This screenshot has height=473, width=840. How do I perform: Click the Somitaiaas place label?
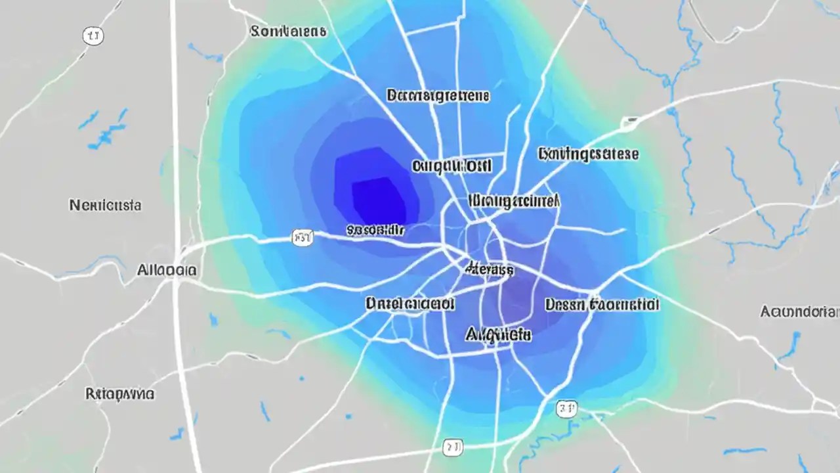click(288, 31)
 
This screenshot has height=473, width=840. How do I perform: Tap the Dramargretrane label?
click(438, 96)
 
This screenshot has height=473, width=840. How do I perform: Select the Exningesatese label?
click(588, 154)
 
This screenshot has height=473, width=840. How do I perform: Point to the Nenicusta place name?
click(105, 206)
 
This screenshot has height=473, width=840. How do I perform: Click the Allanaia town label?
click(167, 269)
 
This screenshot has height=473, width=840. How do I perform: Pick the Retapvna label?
click(120, 394)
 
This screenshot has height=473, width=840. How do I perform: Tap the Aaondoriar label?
click(800, 311)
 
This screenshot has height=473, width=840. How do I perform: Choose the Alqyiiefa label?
click(498, 334)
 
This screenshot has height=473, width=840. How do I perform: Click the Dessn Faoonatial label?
click(602, 304)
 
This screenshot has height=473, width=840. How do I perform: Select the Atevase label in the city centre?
click(488, 269)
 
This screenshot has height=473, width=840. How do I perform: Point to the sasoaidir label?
click(375, 230)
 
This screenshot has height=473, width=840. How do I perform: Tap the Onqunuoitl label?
click(452, 166)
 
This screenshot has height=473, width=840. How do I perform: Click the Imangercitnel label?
click(514, 200)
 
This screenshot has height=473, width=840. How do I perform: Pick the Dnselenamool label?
click(410, 304)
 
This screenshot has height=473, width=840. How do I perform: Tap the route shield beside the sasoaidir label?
click(303, 237)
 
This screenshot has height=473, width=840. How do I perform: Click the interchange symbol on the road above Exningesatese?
click(631, 122)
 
